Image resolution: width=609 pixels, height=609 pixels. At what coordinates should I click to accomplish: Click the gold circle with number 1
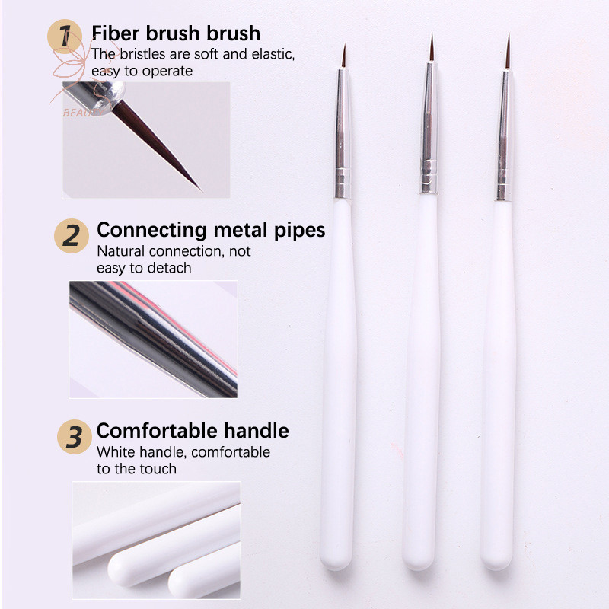click(65, 37)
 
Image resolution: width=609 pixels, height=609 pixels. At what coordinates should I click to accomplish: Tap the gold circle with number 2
click(72, 236)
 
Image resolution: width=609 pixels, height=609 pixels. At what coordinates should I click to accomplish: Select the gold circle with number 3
click(75, 437)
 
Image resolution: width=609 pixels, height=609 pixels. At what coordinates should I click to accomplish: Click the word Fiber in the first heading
click(116, 33)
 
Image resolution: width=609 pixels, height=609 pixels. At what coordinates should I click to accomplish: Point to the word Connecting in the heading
click(151, 231)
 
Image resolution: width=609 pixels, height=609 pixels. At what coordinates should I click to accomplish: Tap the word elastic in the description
click(273, 54)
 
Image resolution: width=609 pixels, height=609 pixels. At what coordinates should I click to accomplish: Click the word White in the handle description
click(116, 452)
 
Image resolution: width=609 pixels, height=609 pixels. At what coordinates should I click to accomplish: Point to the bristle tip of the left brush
click(345, 44)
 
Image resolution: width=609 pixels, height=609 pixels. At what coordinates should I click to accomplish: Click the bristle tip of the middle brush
click(432, 34)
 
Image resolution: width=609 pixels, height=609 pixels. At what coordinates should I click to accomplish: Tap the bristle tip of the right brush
click(509, 35)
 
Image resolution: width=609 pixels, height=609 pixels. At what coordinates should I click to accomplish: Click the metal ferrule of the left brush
click(343, 134)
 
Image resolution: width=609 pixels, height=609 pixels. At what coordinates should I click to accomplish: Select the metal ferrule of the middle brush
click(429, 127)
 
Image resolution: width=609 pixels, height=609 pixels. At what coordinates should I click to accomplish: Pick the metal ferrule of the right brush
click(504, 136)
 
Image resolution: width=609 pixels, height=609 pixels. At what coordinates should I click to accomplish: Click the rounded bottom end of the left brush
click(336, 563)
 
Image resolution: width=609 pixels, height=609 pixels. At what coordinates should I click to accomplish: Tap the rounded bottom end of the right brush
click(496, 563)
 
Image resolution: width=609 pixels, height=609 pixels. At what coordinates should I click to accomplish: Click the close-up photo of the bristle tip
click(146, 140)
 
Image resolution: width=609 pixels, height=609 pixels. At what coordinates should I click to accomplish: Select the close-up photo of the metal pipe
click(154, 340)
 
